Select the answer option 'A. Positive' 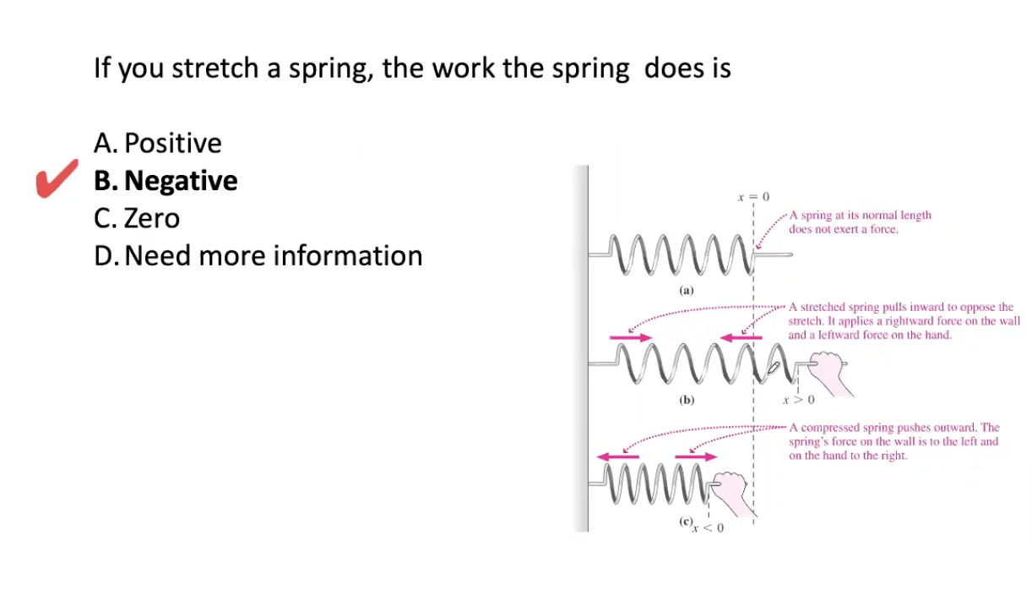(158, 144)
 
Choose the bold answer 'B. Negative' (166, 181)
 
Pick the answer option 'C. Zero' (137, 218)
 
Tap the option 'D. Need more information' (258, 255)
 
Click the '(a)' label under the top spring (686, 290)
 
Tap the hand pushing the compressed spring (731, 490)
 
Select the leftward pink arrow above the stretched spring (740, 338)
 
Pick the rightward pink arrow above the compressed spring (695, 457)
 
